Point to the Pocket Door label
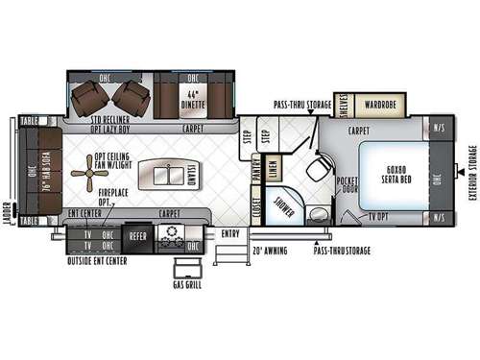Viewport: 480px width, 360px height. [348, 185]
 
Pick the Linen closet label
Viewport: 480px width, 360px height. [274, 167]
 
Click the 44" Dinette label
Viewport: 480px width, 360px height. [198, 96]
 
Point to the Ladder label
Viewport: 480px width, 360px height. [8, 212]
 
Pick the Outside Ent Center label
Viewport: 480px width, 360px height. [98, 259]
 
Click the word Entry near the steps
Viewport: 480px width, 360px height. [230, 232]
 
